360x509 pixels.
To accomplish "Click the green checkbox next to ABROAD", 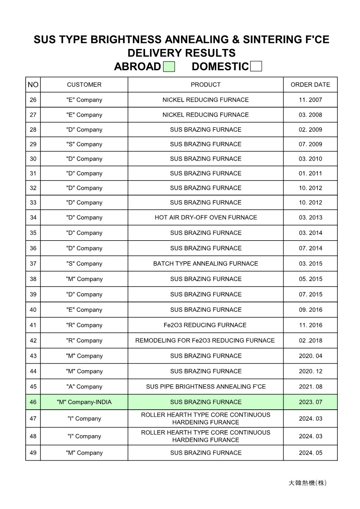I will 169,67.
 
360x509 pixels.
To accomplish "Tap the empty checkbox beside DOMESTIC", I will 256,67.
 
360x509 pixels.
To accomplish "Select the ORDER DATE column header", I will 310,85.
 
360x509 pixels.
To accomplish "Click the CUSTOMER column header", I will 84,85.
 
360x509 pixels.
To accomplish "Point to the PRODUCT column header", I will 205,85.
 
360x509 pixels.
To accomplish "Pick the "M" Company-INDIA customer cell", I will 84,402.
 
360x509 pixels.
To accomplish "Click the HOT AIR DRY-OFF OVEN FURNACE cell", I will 205,218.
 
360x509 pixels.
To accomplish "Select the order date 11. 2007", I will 310,100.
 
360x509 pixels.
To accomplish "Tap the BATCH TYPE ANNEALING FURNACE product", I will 205,264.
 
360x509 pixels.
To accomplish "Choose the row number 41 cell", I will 33,325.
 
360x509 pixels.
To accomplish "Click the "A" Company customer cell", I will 84,387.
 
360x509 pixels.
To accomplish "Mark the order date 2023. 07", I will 310,402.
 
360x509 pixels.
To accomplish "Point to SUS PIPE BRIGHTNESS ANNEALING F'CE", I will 205,387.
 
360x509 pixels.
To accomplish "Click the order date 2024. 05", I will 310,453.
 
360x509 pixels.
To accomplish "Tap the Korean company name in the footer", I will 307,483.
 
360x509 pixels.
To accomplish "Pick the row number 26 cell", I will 33,100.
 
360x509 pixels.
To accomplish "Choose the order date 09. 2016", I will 310,310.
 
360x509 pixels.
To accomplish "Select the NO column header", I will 33,85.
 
